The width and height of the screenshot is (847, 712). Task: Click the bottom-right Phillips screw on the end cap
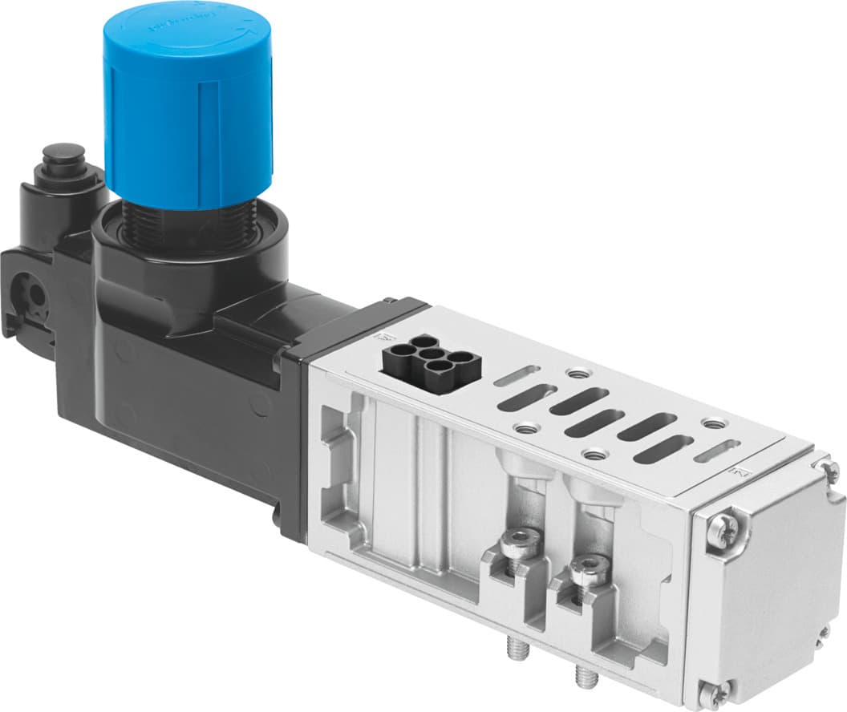(x=824, y=633)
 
